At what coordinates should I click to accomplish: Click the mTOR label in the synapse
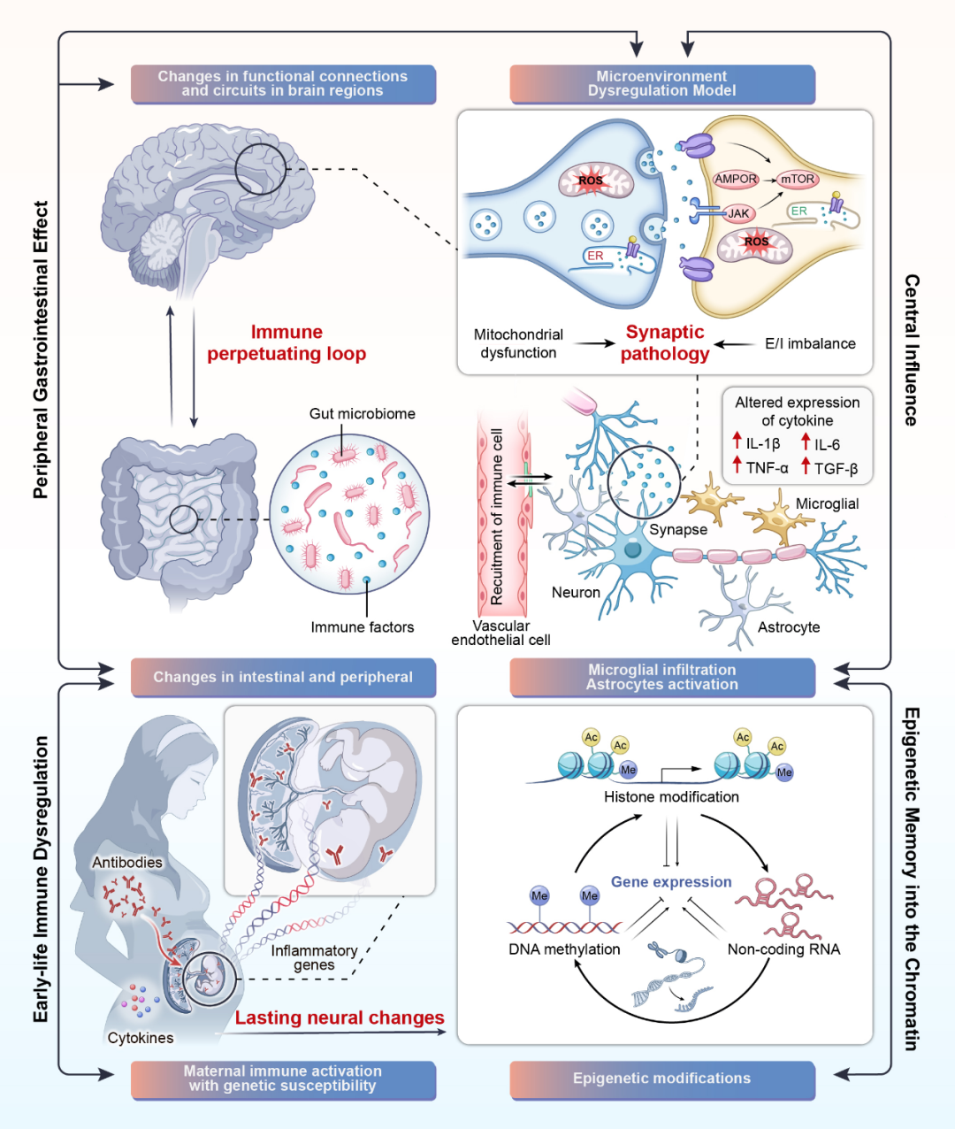click(798, 179)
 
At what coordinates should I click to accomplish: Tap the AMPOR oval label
click(736, 179)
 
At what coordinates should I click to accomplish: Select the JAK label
click(738, 213)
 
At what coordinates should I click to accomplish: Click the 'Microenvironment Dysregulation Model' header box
click(661, 84)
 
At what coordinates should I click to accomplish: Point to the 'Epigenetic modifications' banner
click(661, 1079)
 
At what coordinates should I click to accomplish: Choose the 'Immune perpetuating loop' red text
click(286, 343)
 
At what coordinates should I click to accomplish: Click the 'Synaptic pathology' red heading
click(665, 343)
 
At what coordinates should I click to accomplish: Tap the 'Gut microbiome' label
click(362, 413)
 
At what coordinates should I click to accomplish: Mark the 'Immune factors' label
click(362, 627)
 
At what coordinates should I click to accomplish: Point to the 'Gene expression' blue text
click(671, 882)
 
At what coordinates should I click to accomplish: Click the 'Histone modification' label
click(671, 797)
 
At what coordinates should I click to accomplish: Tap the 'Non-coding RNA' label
click(783, 949)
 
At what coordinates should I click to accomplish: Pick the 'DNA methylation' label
click(564, 949)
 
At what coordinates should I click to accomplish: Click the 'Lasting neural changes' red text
click(340, 1018)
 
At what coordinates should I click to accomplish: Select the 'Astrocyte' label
click(789, 627)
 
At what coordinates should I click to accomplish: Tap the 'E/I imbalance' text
click(810, 344)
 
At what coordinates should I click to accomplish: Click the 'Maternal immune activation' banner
click(283, 1079)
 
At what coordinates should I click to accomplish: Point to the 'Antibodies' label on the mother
click(127, 863)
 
